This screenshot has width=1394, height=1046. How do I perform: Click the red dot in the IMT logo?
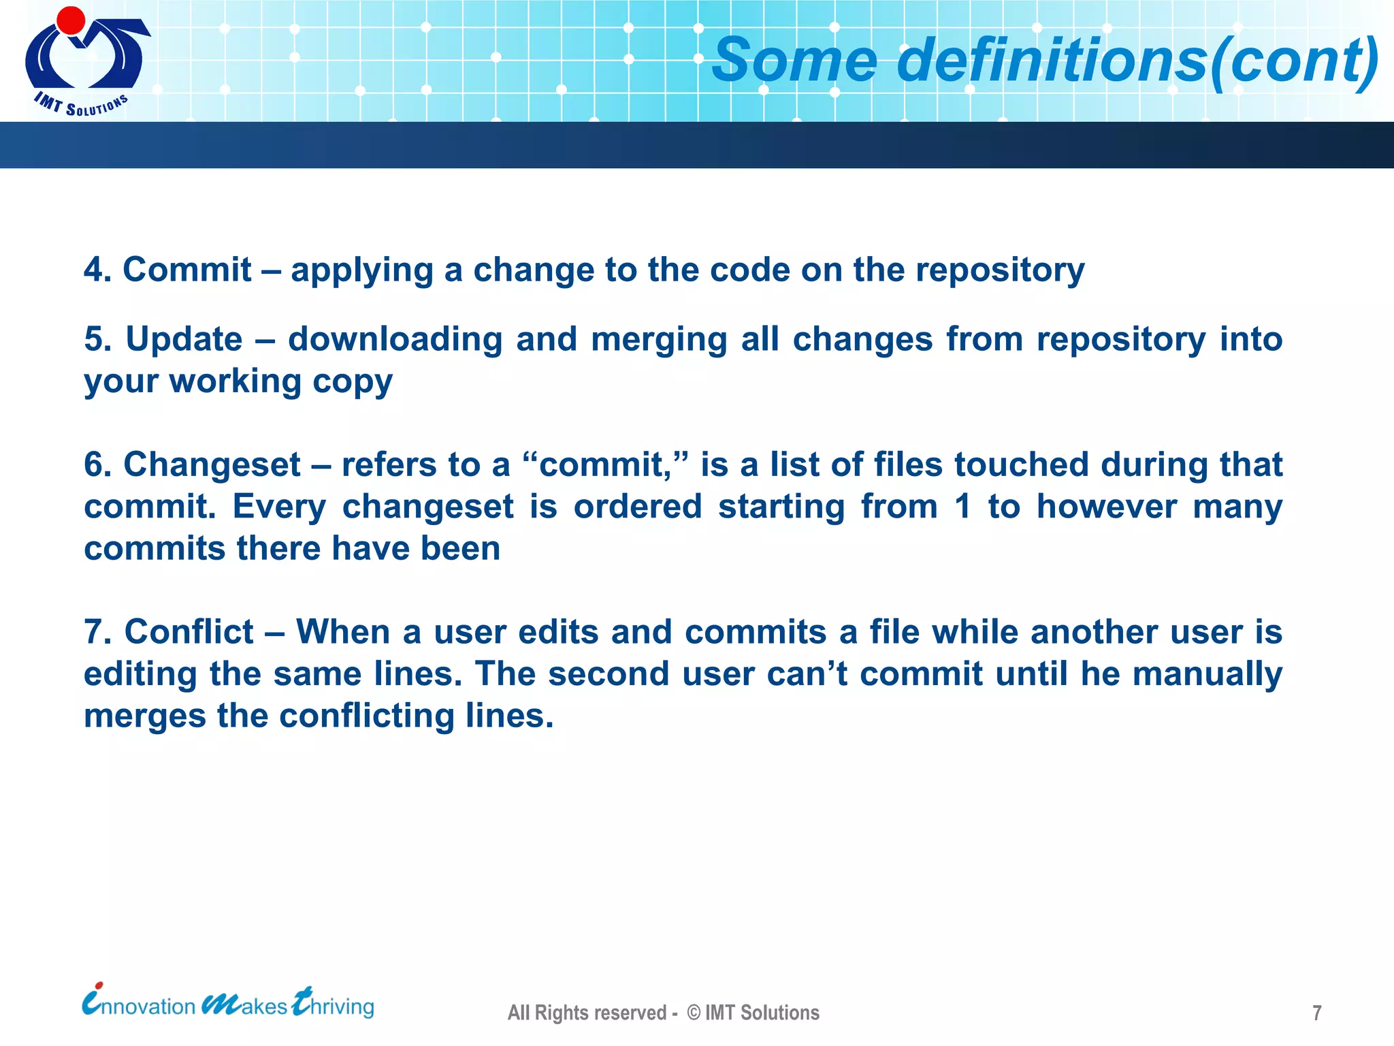coord(71,20)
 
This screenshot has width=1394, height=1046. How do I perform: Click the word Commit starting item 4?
coord(187,270)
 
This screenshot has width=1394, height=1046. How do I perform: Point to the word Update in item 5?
coord(184,339)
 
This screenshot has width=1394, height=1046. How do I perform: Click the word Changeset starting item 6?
coord(212,465)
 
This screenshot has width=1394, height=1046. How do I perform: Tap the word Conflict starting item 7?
coord(189,632)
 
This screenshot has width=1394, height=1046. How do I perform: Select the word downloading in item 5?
coord(395,339)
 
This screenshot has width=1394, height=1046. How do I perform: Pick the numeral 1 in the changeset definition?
coord(962,507)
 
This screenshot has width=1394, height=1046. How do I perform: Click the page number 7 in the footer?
coord(1317,1013)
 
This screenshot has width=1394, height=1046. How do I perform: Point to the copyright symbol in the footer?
coord(694,1013)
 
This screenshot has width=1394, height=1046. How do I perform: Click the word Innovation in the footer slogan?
coord(140,1005)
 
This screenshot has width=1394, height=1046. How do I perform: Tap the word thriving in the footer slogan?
coord(334,1005)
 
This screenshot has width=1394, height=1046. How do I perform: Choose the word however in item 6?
coord(1106,507)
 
